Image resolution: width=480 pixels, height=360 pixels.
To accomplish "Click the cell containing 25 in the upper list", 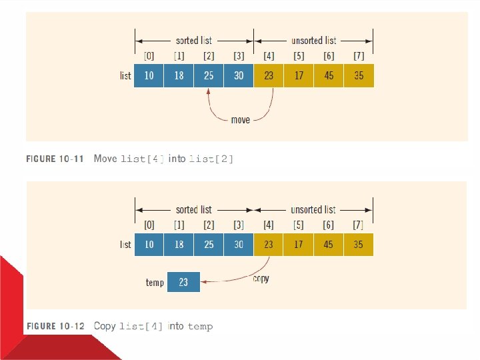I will pos(209,75).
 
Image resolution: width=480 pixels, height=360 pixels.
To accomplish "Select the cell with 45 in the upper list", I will pos(329,75).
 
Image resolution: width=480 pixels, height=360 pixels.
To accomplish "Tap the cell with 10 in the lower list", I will pos(149,245).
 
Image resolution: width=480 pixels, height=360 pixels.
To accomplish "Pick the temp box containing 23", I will pos(183,282).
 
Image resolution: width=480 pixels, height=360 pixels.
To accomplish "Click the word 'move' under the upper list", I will pos(241,120).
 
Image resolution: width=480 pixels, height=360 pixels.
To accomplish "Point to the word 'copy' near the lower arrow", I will pos(261,278).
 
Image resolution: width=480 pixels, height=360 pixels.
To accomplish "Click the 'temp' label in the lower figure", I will pos(155,283).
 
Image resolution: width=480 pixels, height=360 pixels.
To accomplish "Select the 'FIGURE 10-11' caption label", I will pos(55,159).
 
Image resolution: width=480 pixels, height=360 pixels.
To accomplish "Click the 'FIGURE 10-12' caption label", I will pos(55,326).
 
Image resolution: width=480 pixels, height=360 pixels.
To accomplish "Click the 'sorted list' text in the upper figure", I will pos(194,41).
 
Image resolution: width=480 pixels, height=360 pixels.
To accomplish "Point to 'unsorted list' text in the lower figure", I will pos(313,209).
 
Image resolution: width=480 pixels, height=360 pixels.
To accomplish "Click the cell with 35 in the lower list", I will pos(359,245).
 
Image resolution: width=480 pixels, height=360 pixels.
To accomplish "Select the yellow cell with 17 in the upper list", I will pos(299,75).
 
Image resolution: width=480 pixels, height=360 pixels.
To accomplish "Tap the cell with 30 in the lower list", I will pos(239,245).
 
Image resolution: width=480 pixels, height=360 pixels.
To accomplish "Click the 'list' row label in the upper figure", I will pos(125,75).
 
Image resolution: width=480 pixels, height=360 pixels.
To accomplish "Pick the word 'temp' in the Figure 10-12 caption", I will pos(200,327).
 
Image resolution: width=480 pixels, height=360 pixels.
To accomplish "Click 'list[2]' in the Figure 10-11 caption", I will pos(211,159).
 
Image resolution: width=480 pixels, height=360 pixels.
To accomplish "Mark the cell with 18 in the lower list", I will pos(179,245).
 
